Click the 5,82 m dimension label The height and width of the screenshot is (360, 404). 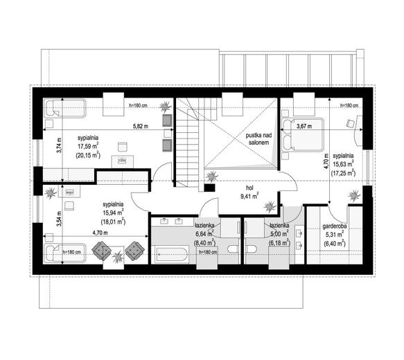tap(141, 127)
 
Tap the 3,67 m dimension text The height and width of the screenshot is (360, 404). tap(304, 126)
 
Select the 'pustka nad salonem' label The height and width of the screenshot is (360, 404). tap(258, 138)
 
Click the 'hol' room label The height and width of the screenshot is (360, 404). tap(249, 188)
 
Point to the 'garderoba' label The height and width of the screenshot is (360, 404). tap(335, 226)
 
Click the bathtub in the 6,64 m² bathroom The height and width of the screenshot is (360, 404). tap(170, 255)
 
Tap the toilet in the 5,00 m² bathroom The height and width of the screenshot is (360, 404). tap(252, 249)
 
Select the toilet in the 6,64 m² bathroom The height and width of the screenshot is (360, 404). tap(234, 249)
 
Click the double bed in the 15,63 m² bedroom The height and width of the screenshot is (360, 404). tap(303, 134)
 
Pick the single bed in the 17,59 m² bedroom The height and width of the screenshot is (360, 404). tap(64, 108)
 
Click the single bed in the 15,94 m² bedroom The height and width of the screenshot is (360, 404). tap(64, 253)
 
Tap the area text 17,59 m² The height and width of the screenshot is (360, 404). tap(88, 147)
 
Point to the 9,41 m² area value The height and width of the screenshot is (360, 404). tap(249, 197)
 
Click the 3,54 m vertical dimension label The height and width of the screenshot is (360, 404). tap(60, 219)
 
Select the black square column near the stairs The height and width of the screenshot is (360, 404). tap(209, 188)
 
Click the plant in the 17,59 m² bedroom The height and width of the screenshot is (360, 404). tap(164, 106)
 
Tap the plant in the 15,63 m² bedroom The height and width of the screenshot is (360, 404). tap(354, 195)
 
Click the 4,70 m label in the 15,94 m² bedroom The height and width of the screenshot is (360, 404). tap(100, 233)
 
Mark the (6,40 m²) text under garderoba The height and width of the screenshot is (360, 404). tap(335, 243)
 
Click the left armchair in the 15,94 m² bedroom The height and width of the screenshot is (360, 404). tap(101, 250)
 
